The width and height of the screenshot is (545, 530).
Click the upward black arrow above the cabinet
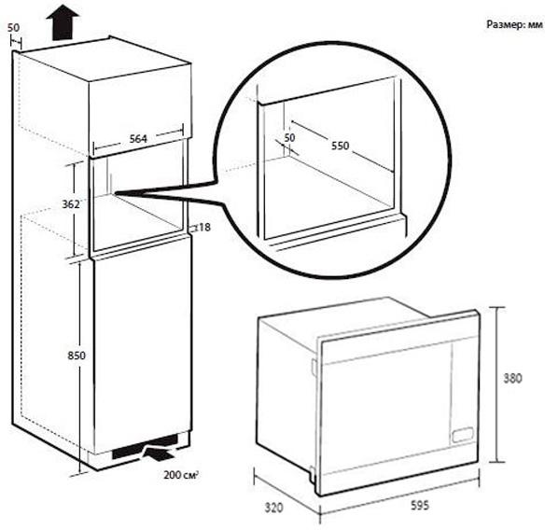click(63, 22)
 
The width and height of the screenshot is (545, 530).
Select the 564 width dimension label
click(138, 139)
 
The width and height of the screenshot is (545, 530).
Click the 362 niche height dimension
click(71, 204)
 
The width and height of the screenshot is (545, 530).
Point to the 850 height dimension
click(77, 356)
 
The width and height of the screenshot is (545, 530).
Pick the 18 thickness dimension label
click(204, 228)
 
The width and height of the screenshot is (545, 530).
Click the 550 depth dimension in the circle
click(340, 146)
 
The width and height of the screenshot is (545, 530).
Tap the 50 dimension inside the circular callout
click(289, 137)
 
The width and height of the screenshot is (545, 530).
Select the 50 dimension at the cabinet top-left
click(14, 28)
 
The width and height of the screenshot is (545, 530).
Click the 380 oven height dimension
click(513, 378)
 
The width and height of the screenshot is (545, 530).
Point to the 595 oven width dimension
click(420, 506)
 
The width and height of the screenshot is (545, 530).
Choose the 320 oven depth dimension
click(273, 508)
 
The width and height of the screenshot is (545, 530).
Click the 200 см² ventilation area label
click(181, 475)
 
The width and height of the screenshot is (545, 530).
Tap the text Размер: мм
click(514, 24)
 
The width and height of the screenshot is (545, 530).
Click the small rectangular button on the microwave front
click(463, 435)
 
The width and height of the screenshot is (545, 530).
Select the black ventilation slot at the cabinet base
click(146, 448)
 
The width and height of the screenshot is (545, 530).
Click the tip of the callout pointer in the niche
click(115, 193)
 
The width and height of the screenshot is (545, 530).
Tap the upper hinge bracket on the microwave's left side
click(314, 368)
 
